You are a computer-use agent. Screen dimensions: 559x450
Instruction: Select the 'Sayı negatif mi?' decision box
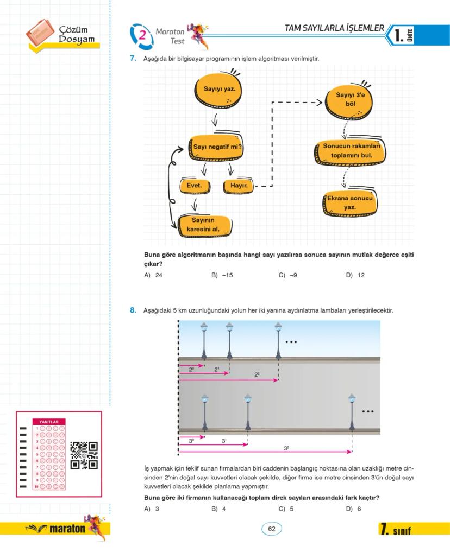217,147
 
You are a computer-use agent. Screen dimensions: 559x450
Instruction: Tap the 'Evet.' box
194,186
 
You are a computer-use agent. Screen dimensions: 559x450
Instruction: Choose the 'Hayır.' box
239,186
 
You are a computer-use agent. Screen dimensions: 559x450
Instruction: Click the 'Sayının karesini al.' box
203,225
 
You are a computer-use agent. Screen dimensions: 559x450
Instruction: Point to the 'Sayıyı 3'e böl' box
350,99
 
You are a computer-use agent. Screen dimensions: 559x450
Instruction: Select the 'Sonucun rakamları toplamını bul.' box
351,151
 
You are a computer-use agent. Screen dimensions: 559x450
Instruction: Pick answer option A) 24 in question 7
154,275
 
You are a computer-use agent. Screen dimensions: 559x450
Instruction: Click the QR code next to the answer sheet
84,455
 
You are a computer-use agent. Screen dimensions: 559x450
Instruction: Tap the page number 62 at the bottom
272,529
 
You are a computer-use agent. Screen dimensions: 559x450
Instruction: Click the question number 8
133,310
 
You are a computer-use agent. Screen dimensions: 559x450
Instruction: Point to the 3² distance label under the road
286,448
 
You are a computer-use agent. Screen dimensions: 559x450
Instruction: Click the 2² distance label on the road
257,375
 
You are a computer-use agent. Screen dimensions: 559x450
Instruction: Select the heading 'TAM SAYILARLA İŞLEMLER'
334,28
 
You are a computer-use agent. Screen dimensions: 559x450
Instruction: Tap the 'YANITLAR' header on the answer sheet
49,421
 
